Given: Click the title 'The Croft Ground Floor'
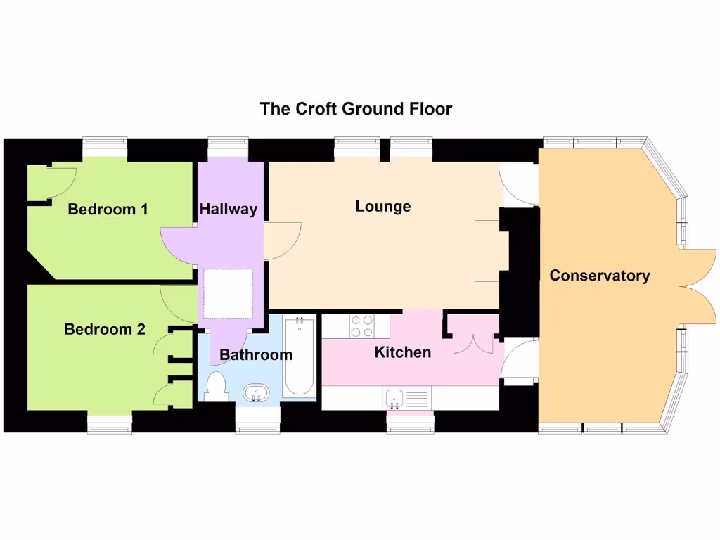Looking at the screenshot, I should tap(356, 109).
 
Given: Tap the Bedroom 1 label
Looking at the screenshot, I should tap(108, 209).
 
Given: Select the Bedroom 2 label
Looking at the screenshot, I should tap(105, 329).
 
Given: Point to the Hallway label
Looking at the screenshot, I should tap(229, 209).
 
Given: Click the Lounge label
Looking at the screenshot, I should tap(383, 206).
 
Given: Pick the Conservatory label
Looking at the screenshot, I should tap(599, 275).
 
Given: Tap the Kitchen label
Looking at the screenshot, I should tap(402, 352).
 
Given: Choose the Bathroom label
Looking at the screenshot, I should tap(256, 354).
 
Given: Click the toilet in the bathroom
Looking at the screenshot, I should tap(216, 387).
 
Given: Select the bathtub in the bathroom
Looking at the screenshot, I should tap(300, 355).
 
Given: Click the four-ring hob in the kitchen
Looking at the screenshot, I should tap(362, 326).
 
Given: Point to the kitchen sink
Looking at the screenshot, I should tap(394, 398).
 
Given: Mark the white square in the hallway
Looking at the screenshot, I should tap(227, 292).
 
